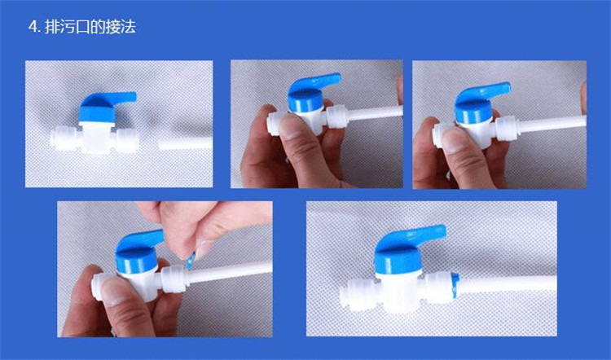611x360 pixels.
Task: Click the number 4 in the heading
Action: [x=32, y=27]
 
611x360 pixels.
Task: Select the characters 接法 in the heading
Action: [x=120, y=27]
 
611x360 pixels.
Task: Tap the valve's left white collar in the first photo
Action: [x=64, y=140]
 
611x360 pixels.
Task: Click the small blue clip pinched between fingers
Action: [x=189, y=259]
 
